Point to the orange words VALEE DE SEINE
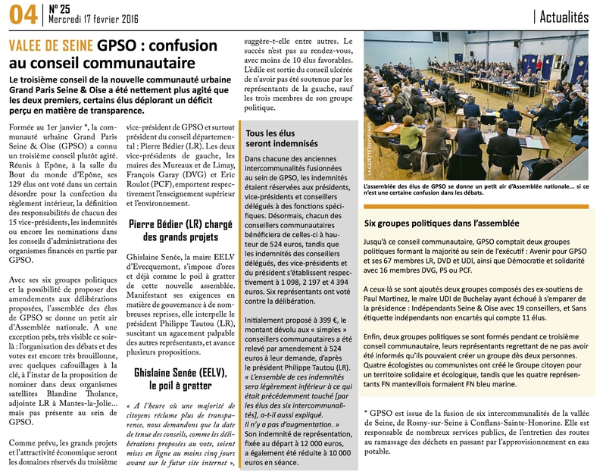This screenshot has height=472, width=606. (50, 45)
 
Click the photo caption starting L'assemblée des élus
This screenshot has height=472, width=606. (476, 189)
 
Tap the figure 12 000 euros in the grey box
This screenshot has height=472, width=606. (311, 448)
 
